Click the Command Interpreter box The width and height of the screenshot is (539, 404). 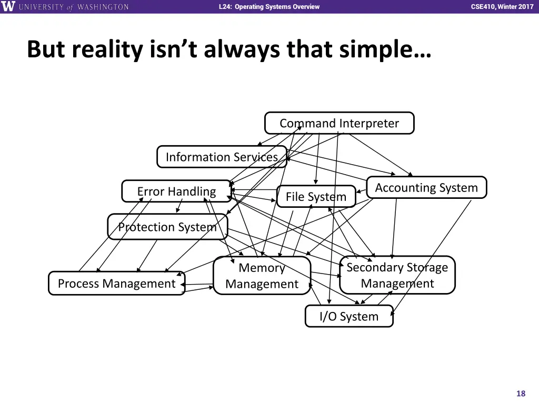click(339, 123)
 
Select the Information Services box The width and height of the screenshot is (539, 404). click(222, 157)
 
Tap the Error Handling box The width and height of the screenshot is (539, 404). click(176, 191)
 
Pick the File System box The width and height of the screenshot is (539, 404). click(316, 197)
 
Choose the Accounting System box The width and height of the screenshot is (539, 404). click(426, 188)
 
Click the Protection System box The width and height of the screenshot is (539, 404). click(167, 227)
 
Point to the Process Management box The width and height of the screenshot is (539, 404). click(116, 284)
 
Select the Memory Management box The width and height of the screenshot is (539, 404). click(262, 276)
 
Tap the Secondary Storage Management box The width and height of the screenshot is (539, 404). click(397, 275)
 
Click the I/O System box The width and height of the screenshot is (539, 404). click(349, 316)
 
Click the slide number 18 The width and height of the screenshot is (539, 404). click(521, 393)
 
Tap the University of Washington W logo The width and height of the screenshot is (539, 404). click(9, 7)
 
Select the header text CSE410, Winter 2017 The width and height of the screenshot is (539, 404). click(502, 7)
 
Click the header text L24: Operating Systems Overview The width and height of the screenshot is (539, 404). click(269, 7)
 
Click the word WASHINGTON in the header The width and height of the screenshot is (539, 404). click(103, 7)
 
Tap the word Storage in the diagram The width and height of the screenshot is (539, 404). click(423, 267)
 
